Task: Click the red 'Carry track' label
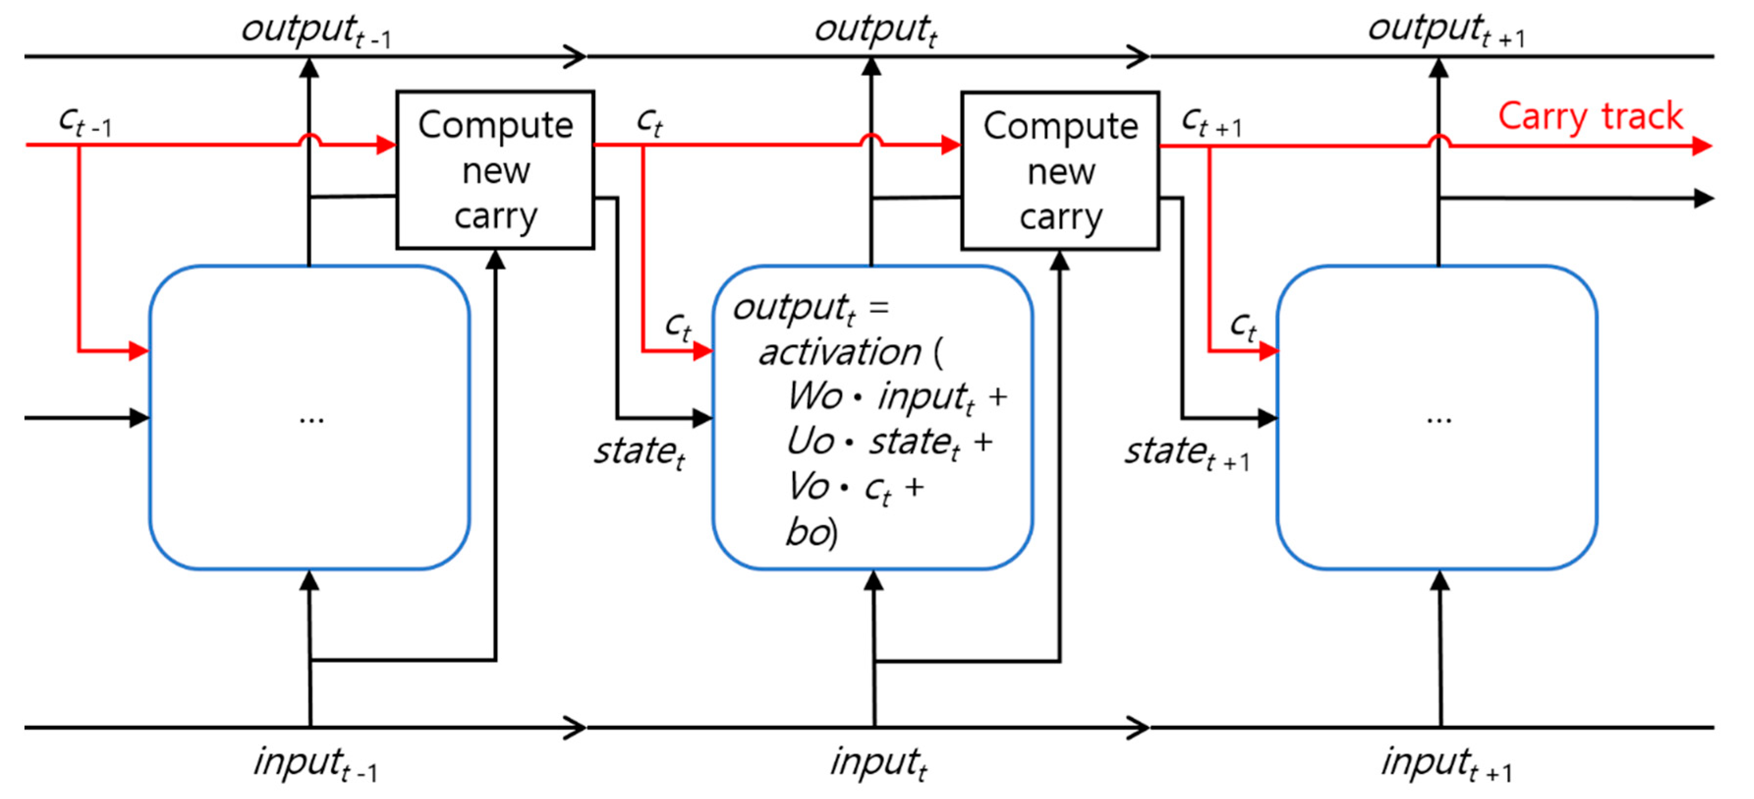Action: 1589,116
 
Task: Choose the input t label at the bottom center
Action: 878,763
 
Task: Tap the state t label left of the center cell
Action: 639,452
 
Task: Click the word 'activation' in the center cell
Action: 839,353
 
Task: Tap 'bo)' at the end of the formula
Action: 810,532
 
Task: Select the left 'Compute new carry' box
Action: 495,170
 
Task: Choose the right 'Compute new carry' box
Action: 1059,171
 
